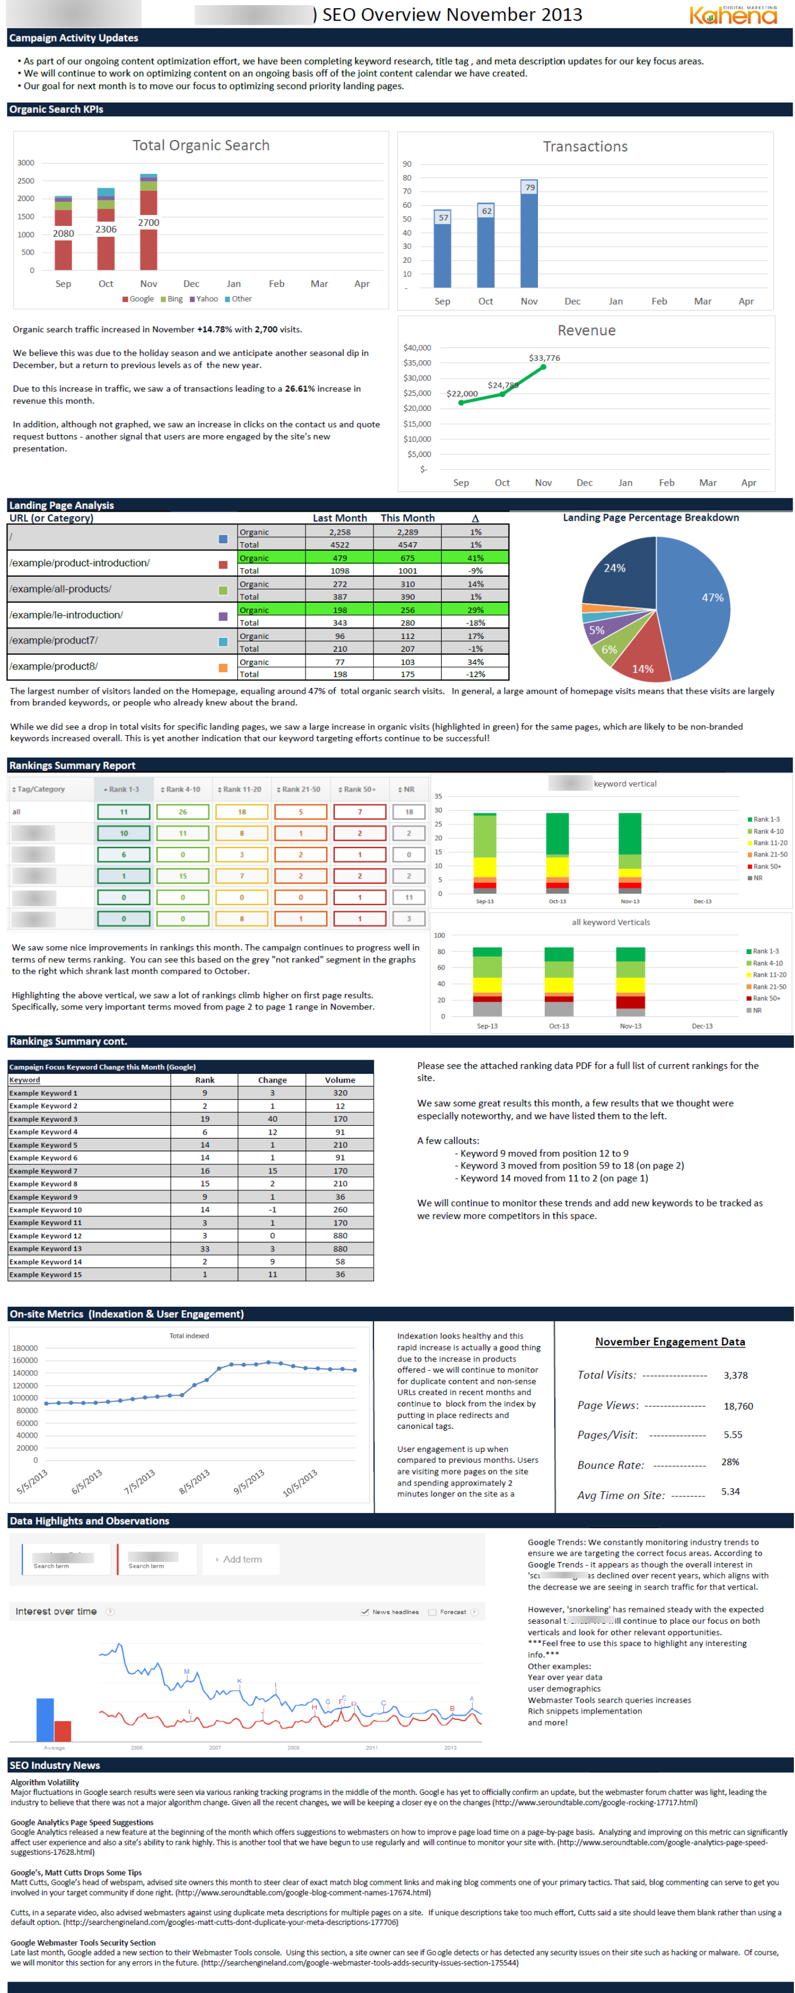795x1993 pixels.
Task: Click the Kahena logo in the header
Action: [x=733, y=15]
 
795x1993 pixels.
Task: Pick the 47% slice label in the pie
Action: [x=712, y=598]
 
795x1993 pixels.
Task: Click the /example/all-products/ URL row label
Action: [x=61, y=589]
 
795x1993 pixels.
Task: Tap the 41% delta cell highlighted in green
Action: [x=475, y=558]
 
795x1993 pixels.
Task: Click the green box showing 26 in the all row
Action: [x=183, y=812]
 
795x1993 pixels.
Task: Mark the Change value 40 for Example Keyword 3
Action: [x=273, y=1119]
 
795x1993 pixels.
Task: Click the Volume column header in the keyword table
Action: [x=340, y=1080]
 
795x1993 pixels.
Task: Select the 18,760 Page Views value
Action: [x=738, y=1406]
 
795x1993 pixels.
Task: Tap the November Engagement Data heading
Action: [x=669, y=1341]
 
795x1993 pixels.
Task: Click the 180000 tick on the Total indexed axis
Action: [x=25, y=1348]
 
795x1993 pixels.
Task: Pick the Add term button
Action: [x=239, y=1559]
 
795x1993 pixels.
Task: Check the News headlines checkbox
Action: [x=364, y=1612]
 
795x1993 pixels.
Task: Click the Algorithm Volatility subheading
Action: [x=45, y=1782]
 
